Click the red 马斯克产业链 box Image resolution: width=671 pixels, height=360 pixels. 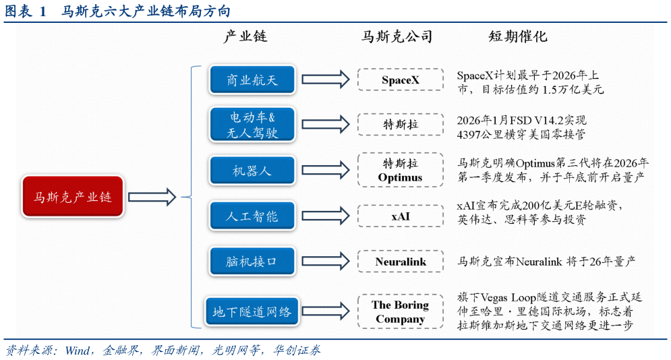click(x=73, y=197)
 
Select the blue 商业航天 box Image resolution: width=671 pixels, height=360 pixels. click(x=252, y=80)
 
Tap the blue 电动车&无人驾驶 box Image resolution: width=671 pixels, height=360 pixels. click(x=252, y=125)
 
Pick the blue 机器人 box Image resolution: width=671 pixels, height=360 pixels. click(x=252, y=170)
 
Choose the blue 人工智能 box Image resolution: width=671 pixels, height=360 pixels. click(x=252, y=216)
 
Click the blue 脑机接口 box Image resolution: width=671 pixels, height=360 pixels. click(x=252, y=262)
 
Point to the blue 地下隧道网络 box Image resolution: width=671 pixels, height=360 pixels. click(x=252, y=311)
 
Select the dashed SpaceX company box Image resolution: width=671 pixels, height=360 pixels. click(x=401, y=80)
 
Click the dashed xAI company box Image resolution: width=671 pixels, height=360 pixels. click(x=401, y=216)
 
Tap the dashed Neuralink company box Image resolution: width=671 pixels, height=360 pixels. click(x=401, y=262)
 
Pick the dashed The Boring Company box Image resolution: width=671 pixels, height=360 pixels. click(x=401, y=311)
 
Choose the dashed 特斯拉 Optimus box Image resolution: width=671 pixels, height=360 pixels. click(x=401, y=170)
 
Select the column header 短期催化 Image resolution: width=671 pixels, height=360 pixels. click(x=517, y=36)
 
